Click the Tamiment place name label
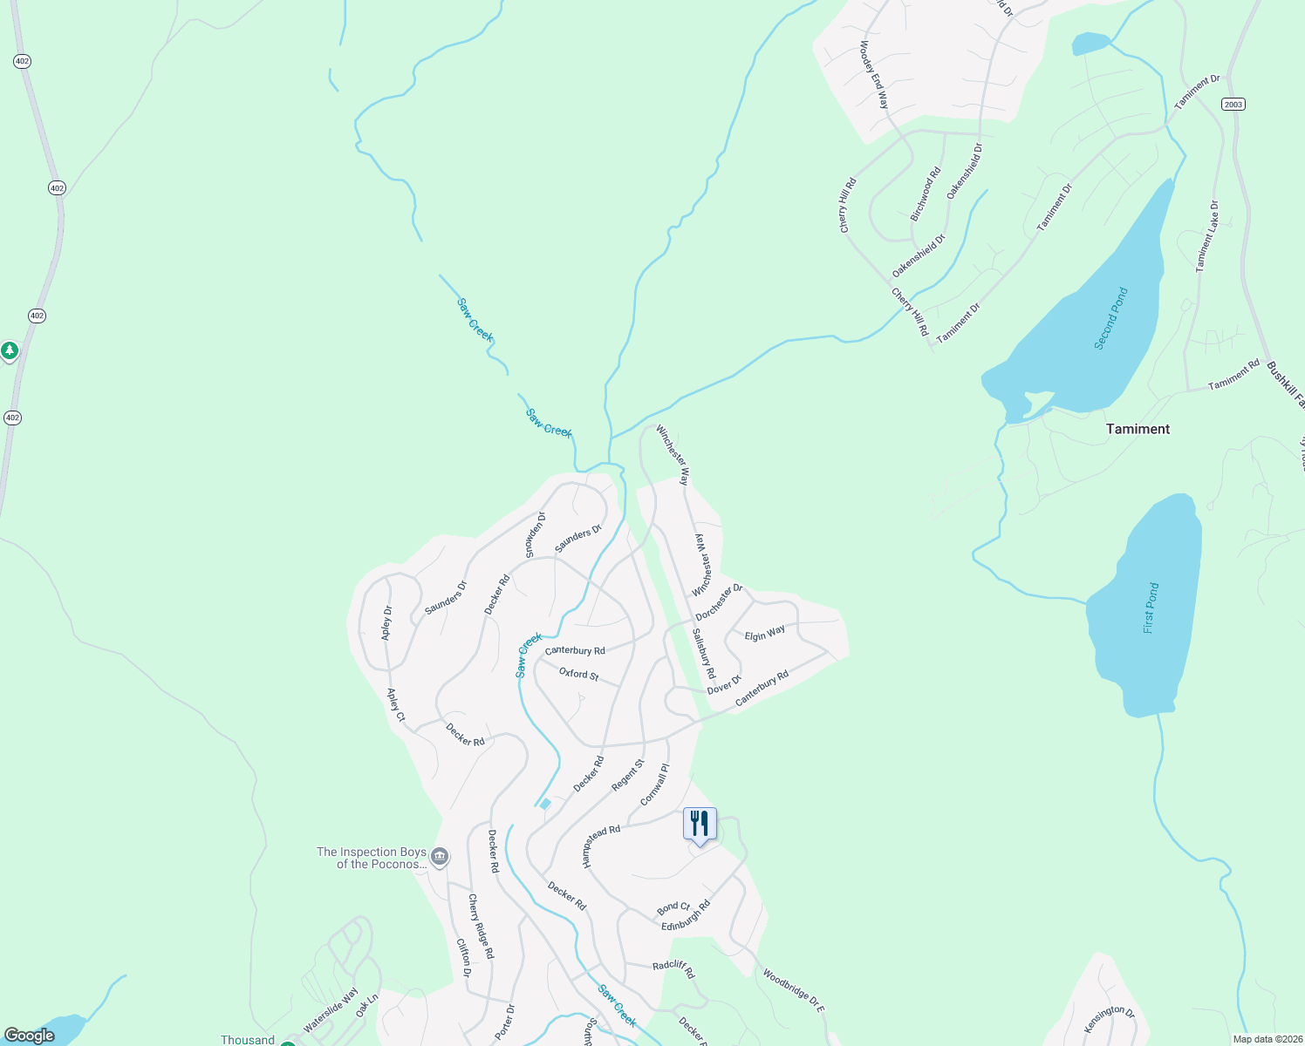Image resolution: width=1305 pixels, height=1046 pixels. [x=1138, y=429]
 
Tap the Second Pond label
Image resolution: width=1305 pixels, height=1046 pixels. [x=1111, y=319]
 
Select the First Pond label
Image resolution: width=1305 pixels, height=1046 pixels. [x=1151, y=608]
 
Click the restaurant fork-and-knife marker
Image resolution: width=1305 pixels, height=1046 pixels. [x=700, y=825]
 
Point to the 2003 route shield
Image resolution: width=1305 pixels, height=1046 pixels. [x=1233, y=105]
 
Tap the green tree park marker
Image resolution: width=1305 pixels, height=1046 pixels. [x=10, y=351]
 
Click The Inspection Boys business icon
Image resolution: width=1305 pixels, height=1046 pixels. [x=440, y=858]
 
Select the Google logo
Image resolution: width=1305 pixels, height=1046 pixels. [x=29, y=1036]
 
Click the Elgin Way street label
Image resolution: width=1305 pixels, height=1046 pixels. [x=765, y=634]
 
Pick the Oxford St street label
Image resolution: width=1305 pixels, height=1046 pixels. [x=579, y=674]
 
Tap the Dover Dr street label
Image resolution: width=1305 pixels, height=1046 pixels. [x=724, y=684]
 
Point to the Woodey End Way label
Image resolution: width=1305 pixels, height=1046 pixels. [x=874, y=75]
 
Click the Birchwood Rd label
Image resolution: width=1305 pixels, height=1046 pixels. [x=926, y=194]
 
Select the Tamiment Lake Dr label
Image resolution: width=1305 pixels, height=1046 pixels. [x=1207, y=236]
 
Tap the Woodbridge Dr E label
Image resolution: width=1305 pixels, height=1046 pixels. [x=793, y=989]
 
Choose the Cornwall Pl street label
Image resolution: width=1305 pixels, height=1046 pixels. [x=654, y=784]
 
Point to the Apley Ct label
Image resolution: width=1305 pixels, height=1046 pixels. [x=396, y=705]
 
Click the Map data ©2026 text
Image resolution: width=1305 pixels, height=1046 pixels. [x=1267, y=1039]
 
